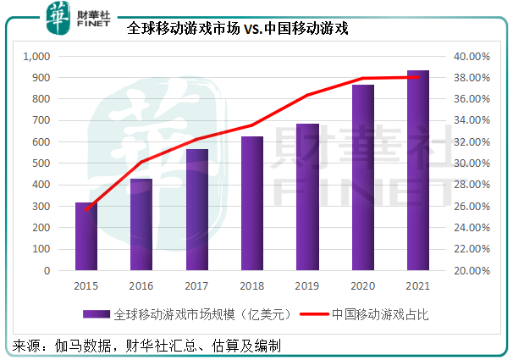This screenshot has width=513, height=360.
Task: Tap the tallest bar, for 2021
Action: point(417,170)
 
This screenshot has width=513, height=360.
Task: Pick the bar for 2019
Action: point(307,197)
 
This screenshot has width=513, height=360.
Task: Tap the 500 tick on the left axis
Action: point(43,163)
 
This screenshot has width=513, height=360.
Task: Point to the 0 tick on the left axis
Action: point(49,271)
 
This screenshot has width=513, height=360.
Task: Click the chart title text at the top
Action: point(238,28)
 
